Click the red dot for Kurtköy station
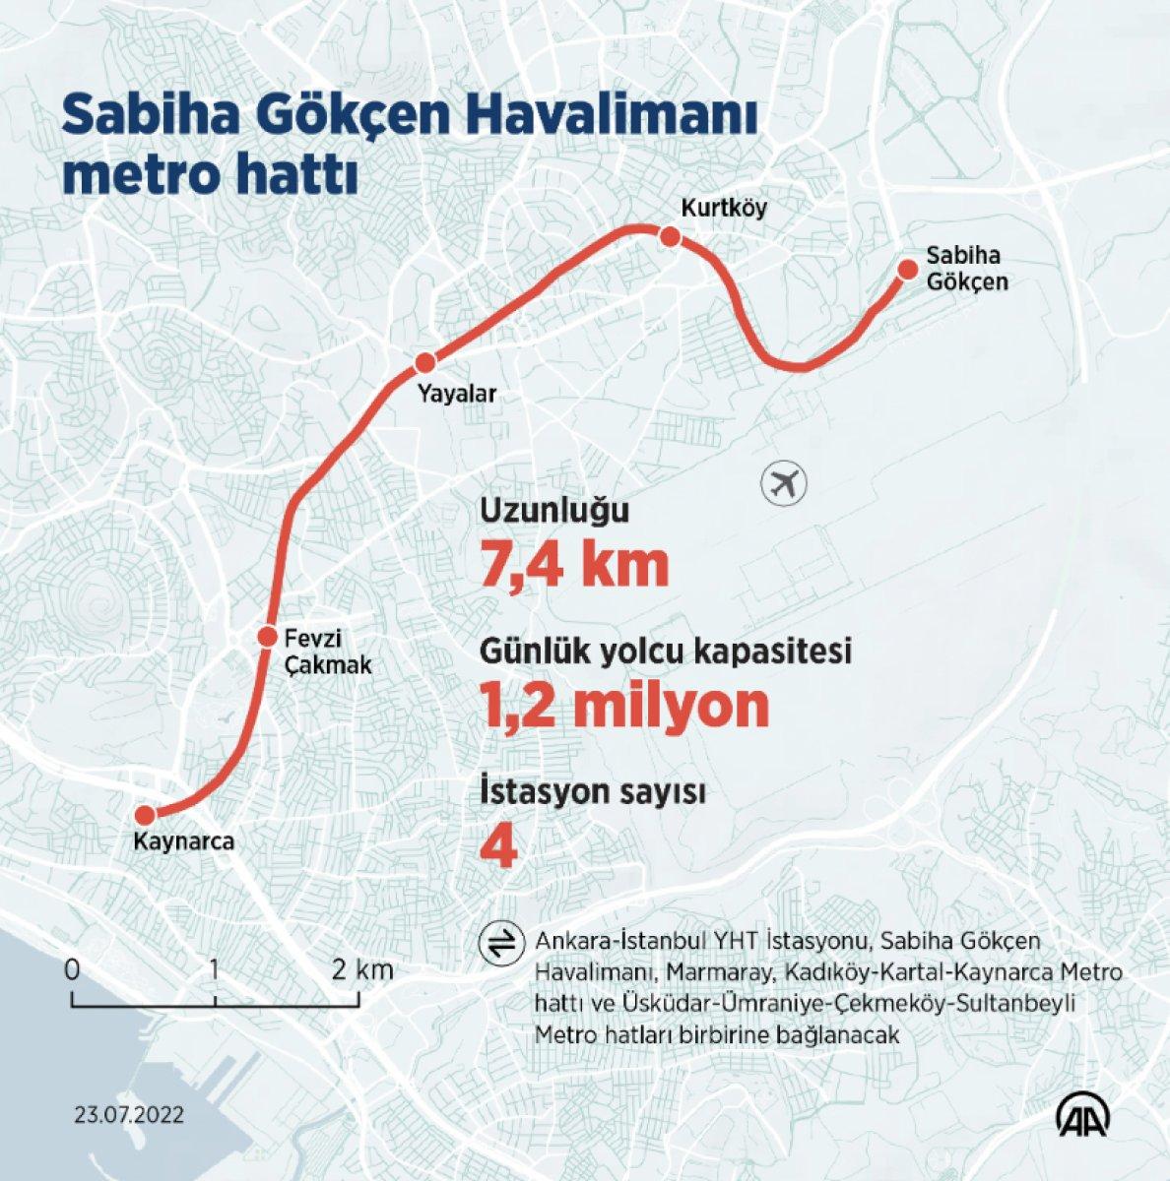tap(670, 237)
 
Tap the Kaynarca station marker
tap(145, 815)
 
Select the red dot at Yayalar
tap(425, 362)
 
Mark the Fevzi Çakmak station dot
tap(267, 637)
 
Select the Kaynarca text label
tap(184, 842)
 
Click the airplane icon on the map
tap(784, 484)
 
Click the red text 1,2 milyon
tap(624, 705)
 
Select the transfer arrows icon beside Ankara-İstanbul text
tap(496, 942)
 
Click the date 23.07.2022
tap(128, 1115)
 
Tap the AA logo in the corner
tap(1085, 1114)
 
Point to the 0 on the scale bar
tap(72, 969)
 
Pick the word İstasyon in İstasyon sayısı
tap(541, 793)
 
